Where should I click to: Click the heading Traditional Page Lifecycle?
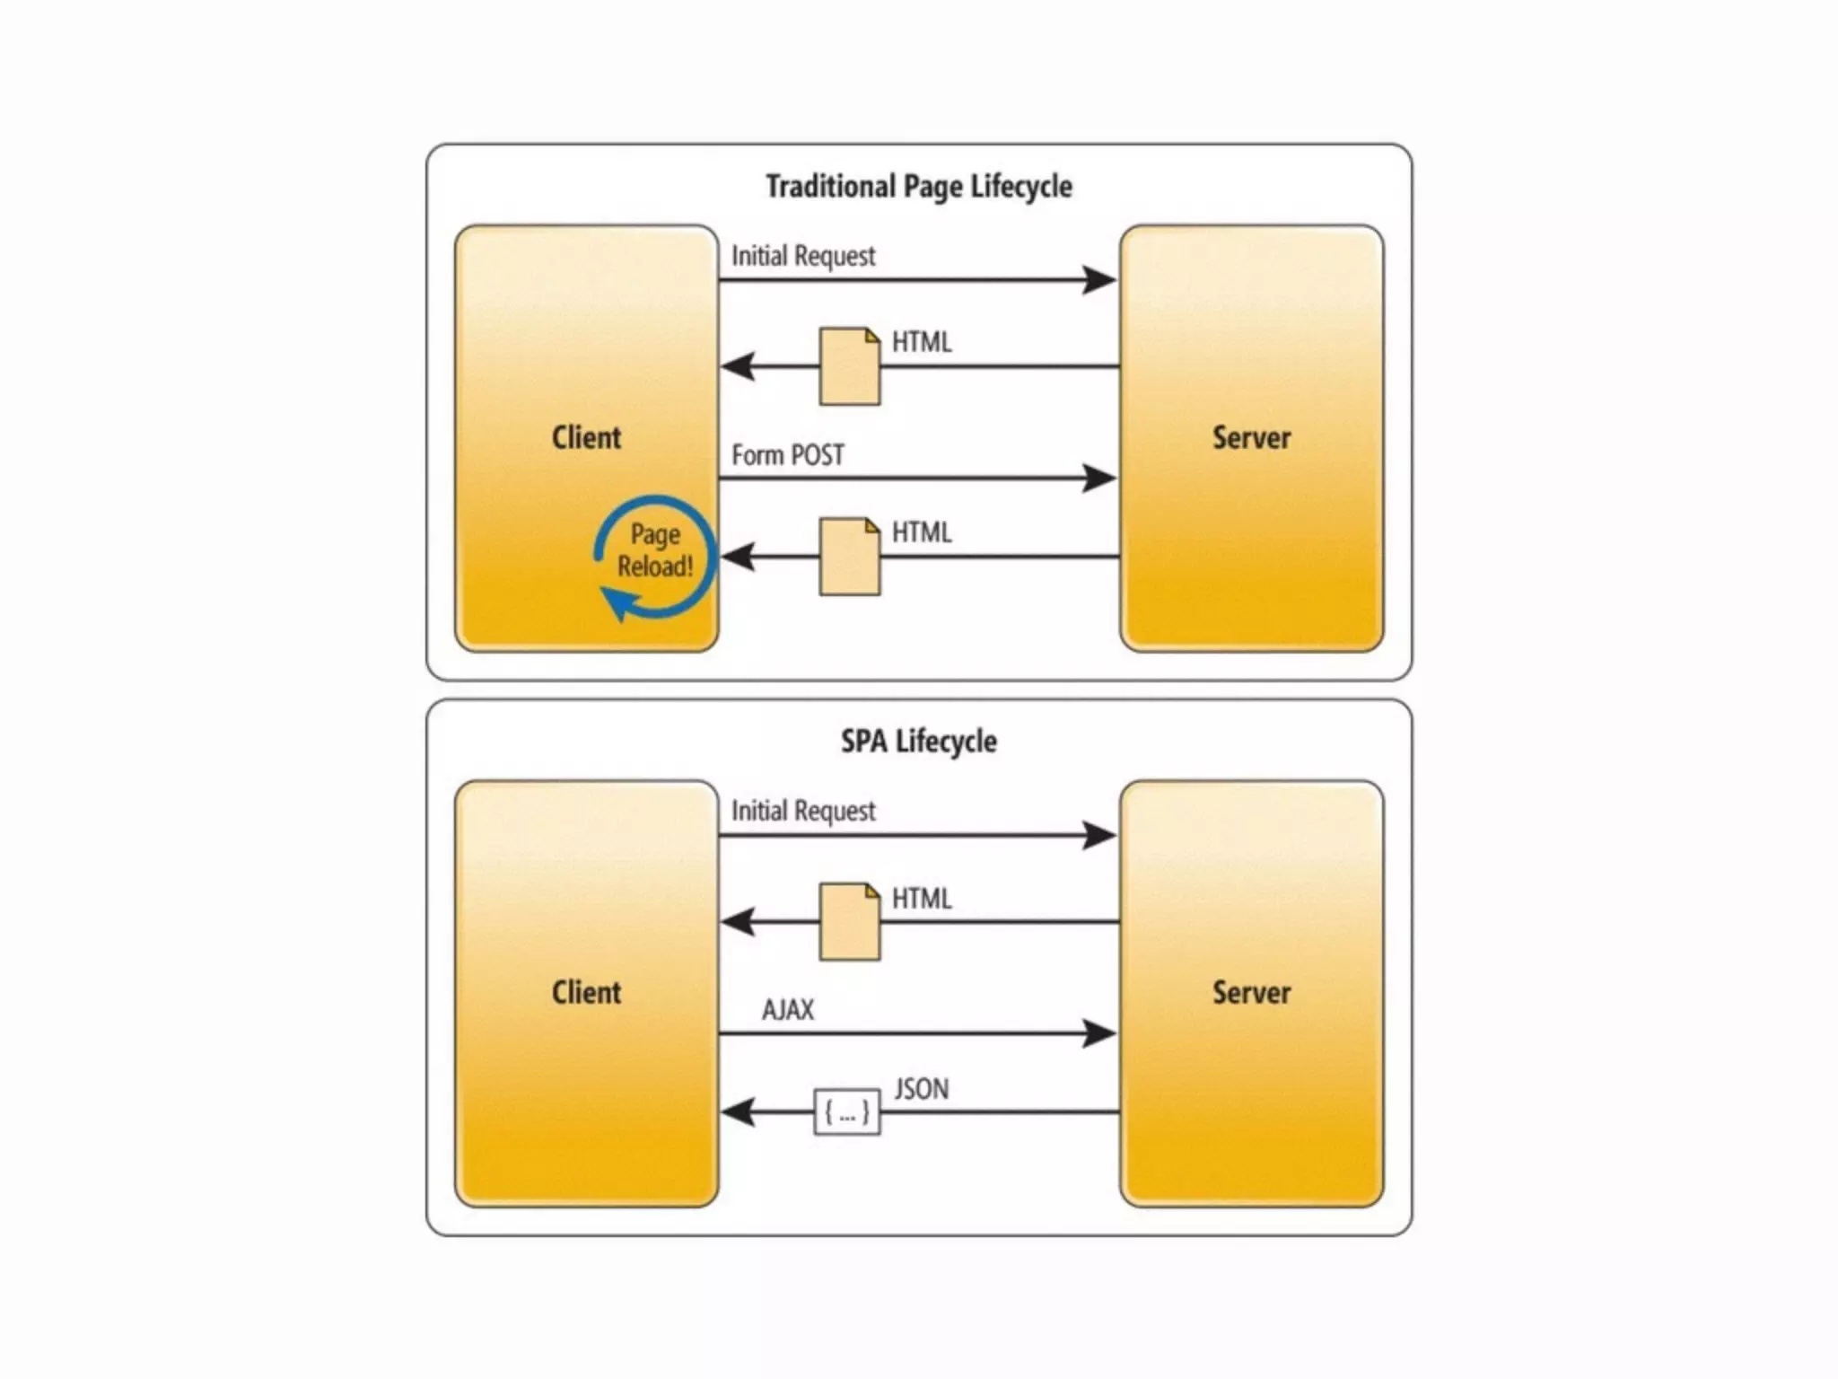[918, 187]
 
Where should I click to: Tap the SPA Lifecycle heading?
[918, 742]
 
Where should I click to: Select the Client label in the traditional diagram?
[586, 438]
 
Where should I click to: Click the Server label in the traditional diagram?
[1251, 438]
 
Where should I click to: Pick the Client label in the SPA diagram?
[586, 993]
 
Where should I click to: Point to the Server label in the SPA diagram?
[1251, 993]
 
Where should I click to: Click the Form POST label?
[787, 455]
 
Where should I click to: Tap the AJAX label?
[787, 1010]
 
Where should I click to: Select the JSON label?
[921, 1089]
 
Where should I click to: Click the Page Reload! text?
[655, 550]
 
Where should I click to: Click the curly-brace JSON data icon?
[846, 1112]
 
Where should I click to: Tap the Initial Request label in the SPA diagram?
[802, 811]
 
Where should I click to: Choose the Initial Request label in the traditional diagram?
[802, 256]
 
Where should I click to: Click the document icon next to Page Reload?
[849, 557]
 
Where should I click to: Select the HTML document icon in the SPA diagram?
[849, 922]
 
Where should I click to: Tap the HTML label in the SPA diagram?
[921, 899]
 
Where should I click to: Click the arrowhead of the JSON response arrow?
[738, 1112]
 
